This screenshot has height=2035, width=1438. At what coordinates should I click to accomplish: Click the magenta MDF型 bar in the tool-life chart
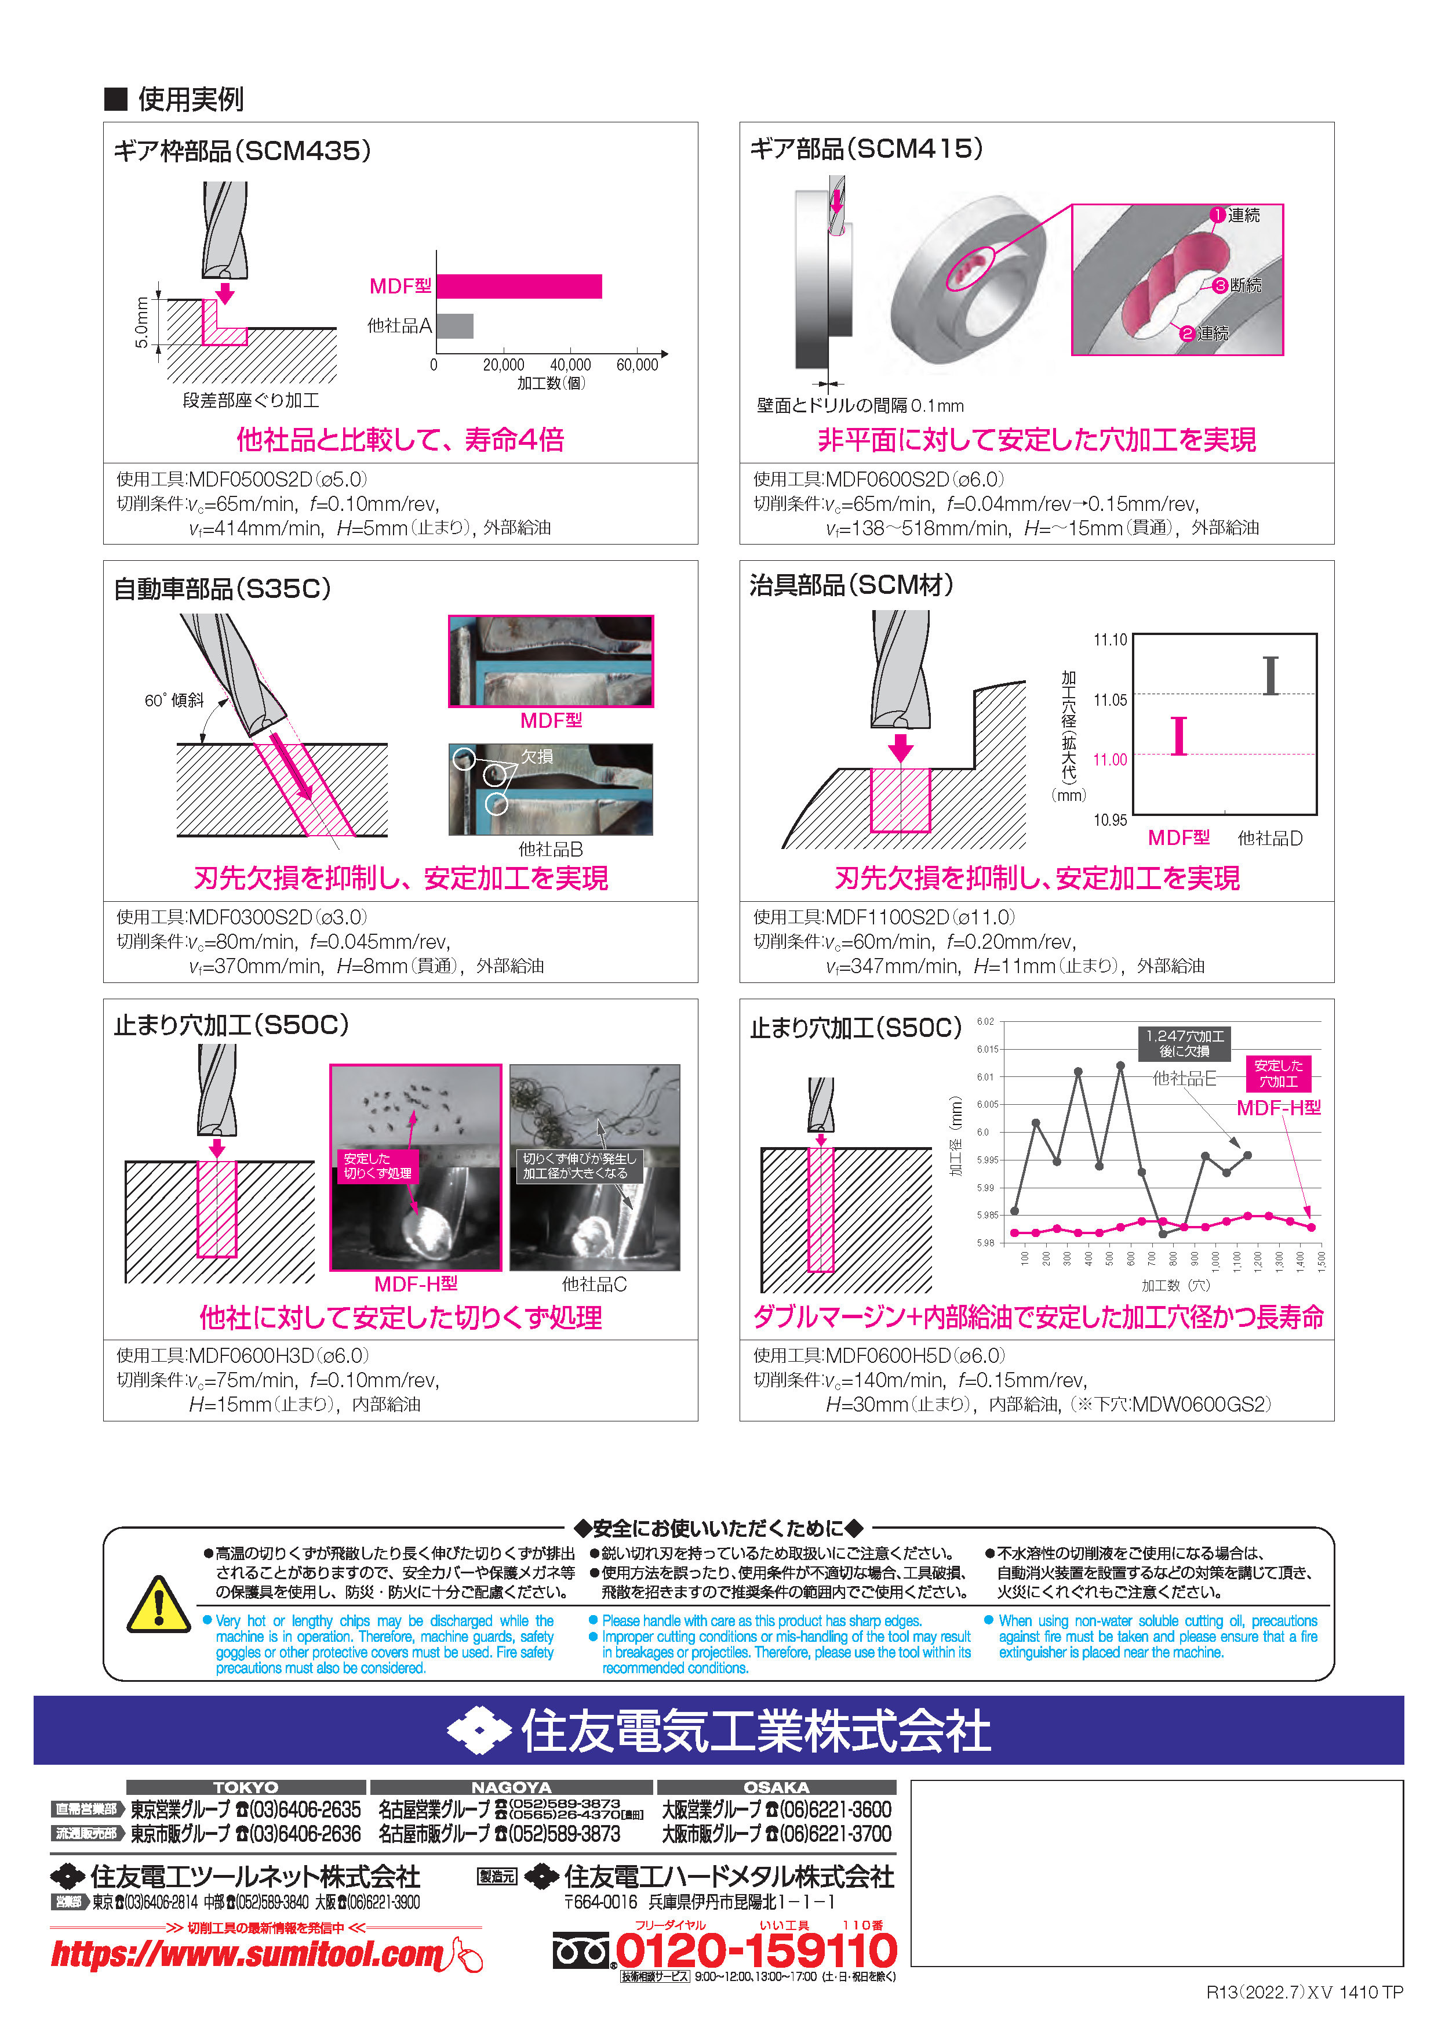519,286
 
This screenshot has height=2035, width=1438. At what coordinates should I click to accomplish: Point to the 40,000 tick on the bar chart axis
570,364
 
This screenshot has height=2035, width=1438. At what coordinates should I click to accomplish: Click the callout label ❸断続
1238,285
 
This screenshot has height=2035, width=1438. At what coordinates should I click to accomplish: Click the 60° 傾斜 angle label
174,700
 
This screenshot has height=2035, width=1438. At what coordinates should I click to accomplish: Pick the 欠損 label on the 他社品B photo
537,756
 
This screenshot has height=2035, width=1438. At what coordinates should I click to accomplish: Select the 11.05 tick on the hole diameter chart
1110,700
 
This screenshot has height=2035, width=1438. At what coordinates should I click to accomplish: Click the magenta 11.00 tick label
1110,760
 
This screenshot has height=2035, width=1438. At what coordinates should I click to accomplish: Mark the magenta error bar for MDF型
1178,735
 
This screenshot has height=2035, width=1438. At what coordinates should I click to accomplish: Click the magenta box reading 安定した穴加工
1279,1073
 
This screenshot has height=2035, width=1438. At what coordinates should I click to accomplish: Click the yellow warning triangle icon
159,1604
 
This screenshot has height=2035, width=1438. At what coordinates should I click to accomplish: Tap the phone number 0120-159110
756,1951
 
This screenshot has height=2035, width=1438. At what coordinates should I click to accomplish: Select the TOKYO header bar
246,1787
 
